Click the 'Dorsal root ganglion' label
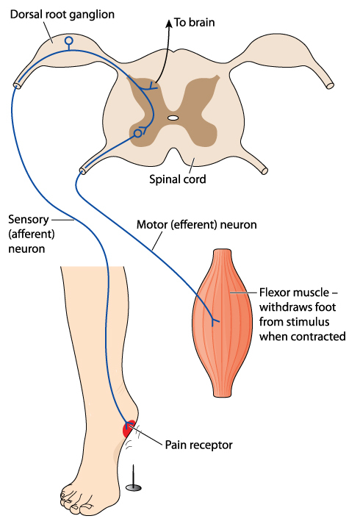[x=62, y=15]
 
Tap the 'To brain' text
[x=195, y=23]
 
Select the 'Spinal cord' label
[x=178, y=179]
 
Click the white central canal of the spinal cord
[x=173, y=118]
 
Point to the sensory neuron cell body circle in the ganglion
[x=69, y=40]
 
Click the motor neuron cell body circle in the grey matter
[x=137, y=134]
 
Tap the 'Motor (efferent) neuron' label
[x=196, y=225]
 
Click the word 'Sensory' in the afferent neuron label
[x=29, y=220]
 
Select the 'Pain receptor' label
[x=199, y=445]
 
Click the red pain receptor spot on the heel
[x=129, y=429]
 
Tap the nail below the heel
[x=133, y=480]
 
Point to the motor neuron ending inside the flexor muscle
[x=215, y=321]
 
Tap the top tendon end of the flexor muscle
[x=223, y=251]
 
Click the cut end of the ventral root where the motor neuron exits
[x=82, y=171]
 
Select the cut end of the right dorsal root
[x=330, y=85]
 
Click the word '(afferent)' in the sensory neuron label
[x=32, y=234]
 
